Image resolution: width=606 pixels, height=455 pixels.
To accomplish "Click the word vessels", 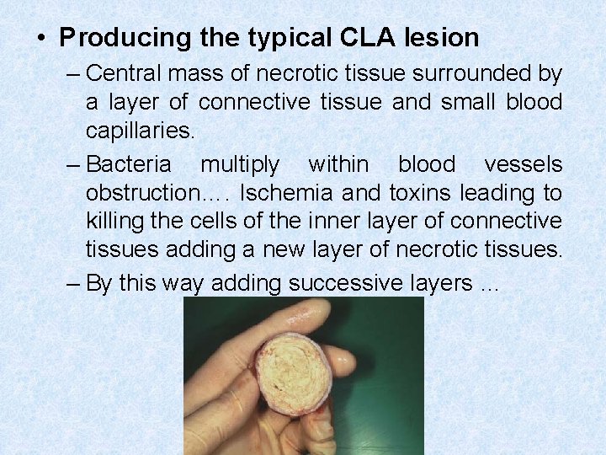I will click(523, 163).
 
